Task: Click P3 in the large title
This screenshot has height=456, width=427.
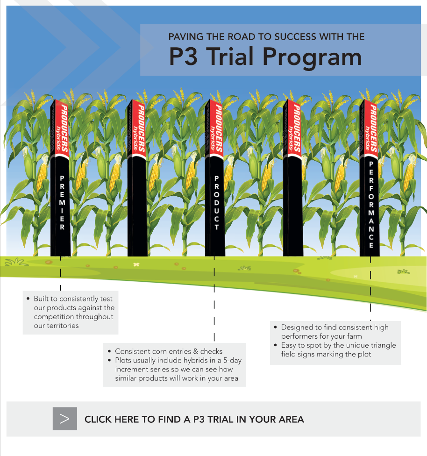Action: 183,56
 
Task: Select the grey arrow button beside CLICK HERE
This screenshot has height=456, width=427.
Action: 65,419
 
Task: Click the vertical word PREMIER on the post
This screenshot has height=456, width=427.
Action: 62,202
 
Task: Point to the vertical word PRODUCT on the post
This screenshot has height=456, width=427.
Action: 216,203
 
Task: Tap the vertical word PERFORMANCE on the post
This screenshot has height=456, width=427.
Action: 371,205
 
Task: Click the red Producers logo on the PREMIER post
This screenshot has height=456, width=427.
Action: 61,129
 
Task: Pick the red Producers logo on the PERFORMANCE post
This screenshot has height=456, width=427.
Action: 370,129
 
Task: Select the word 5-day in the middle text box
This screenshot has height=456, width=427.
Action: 232,360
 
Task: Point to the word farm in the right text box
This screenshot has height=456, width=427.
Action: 354,336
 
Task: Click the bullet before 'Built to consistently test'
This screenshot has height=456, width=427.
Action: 28,299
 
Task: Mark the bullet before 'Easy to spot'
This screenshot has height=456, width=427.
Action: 275,345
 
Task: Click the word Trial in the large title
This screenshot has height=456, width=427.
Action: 230,56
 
